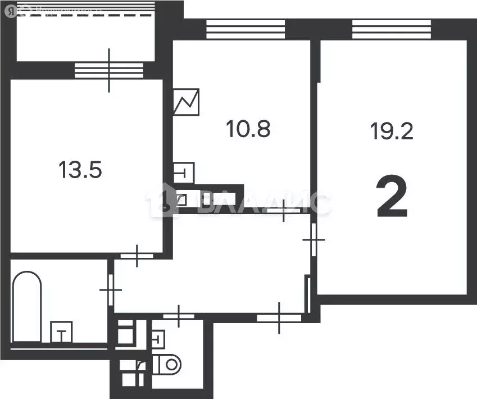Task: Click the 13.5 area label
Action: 80,169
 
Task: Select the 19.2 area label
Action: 392,132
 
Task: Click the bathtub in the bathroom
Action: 27,306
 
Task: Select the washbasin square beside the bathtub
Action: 62,332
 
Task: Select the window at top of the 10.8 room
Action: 245,29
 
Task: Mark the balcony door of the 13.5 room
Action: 110,70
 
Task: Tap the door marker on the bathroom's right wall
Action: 111,289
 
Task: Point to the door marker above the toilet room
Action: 179,316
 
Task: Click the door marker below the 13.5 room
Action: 137,256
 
